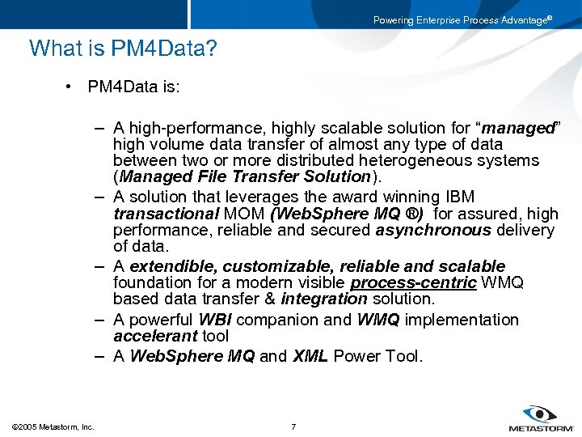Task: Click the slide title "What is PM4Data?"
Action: [x=123, y=49]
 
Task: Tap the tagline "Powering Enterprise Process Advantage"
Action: [x=462, y=20]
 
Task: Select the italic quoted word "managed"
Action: [x=519, y=128]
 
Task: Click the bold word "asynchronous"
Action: [x=432, y=230]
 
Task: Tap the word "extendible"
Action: [x=173, y=266]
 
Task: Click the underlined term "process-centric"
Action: [x=414, y=282]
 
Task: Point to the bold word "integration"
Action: [x=323, y=299]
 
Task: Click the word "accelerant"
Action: [x=155, y=336]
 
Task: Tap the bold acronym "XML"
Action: [x=310, y=356]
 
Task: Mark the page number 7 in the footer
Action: [x=293, y=426]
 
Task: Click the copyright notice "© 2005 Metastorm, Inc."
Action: [x=53, y=426]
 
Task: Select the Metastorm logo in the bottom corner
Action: [x=541, y=418]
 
